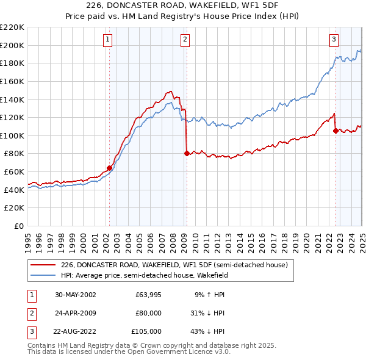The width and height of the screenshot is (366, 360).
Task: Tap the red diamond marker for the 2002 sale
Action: [x=110, y=168]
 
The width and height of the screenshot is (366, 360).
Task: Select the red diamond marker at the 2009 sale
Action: [x=187, y=154]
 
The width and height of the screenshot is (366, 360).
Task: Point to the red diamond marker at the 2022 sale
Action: [x=335, y=131]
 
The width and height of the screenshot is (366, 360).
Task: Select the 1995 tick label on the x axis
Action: [x=28, y=239]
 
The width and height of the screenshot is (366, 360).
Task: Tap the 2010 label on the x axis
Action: [x=195, y=239]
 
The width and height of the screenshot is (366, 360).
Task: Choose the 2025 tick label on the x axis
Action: [x=362, y=239]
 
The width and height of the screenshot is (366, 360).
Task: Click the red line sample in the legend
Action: [x=43, y=265]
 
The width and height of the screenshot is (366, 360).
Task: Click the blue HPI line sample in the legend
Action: [x=43, y=275]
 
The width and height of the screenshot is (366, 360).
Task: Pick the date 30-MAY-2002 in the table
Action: [x=75, y=294]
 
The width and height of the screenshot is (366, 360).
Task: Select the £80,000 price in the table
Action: [x=148, y=313]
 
